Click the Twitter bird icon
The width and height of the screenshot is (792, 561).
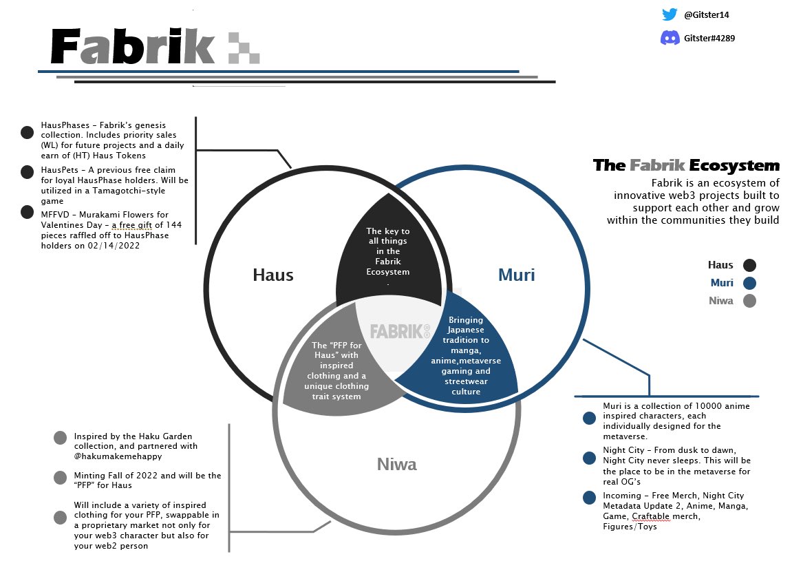tap(670, 14)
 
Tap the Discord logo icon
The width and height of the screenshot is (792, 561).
tap(670, 37)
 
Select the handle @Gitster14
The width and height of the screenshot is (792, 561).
tap(706, 14)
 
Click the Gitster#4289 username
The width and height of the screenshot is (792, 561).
tap(709, 38)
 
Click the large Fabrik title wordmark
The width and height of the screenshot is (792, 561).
tap(133, 47)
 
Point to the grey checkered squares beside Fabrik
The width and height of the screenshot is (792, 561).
tap(244, 48)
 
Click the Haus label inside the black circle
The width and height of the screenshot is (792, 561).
tap(272, 275)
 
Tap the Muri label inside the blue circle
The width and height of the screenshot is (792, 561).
tap(516, 275)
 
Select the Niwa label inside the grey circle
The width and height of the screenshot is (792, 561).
tap(396, 464)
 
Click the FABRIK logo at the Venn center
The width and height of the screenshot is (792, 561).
tap(400, 332)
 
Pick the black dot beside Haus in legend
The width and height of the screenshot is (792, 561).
tap(749, 265)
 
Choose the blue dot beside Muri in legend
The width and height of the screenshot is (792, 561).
tap(749, 283)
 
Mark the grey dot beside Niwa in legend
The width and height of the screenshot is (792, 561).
tap(749, 301)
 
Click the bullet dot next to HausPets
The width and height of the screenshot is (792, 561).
tap(28, 172)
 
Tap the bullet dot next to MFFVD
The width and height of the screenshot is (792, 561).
tap(28, 212)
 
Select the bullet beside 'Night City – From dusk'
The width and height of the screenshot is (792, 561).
tap(589, 458)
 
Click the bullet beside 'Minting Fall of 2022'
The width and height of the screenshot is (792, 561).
tap(60, 477)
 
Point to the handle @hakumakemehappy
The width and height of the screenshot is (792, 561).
tap(118, 456)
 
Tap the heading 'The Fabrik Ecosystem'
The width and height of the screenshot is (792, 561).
tap(687, 165)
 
